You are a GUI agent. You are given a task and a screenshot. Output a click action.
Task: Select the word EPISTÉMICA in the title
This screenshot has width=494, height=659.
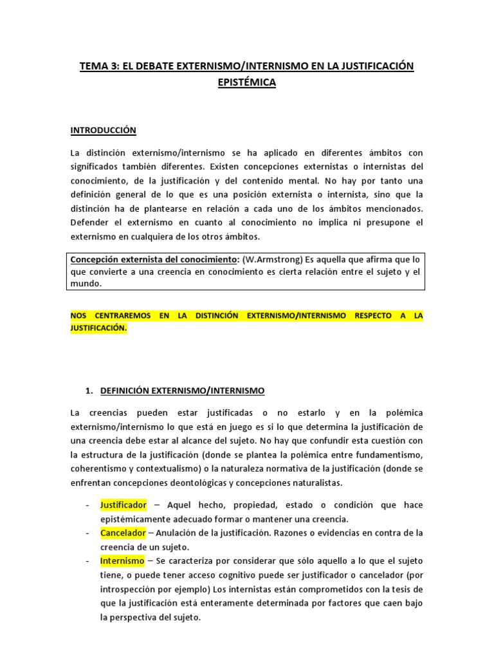click(x=247, y=83)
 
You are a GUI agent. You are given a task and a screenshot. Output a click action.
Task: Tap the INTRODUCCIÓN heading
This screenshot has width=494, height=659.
click(x=103, y=130)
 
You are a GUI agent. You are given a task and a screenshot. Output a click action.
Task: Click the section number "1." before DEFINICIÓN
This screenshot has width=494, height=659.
click(x=89, y=391)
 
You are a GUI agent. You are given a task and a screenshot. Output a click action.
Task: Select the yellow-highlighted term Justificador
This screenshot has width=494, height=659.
click(x=123, y=505)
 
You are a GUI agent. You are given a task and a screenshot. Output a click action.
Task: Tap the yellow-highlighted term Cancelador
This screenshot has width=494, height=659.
click(x=123, y=533)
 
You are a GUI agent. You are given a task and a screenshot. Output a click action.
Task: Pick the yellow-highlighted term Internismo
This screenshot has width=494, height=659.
click(x=122, y=561)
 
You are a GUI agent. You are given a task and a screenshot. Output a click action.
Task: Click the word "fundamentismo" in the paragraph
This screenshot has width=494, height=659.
click(x=389, y=454)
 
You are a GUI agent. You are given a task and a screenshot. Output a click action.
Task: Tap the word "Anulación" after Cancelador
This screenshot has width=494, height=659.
click(x=181, y=533)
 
